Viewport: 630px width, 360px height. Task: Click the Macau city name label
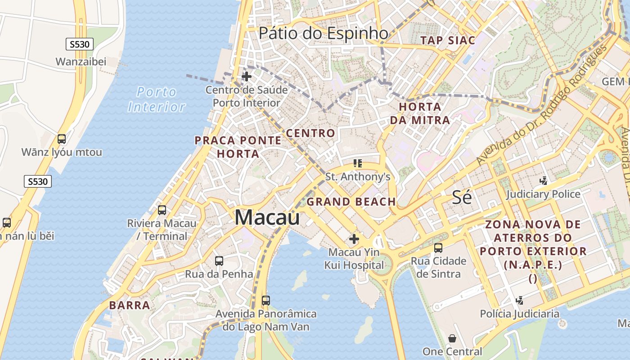point(267,218)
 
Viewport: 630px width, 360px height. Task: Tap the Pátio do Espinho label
point(324,33)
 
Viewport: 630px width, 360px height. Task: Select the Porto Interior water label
point(157,99)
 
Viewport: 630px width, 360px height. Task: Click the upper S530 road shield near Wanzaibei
point(80,44)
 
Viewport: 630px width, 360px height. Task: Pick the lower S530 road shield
point(37,181)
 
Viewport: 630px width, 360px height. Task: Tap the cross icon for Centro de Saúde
point(247,76)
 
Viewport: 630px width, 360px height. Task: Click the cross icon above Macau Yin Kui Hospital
point(354,238)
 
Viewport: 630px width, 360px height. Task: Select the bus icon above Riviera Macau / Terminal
point(162,210)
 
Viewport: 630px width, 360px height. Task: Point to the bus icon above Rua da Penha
point(219,261)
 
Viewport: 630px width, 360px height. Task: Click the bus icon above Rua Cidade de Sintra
point(438,247)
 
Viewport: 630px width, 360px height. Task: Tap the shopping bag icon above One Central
point(452,338)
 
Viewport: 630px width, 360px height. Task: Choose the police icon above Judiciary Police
point(543,181)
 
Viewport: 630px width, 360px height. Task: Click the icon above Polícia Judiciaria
point(519,300)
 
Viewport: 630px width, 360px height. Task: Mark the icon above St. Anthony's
point(358,163)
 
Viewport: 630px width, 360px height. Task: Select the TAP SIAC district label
point(447,40)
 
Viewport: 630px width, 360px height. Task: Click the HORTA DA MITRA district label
point(420,113)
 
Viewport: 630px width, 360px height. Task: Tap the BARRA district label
point(130,305)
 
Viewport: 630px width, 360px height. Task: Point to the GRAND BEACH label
point(351,202)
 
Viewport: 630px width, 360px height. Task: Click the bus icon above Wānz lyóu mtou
point(62,139)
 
